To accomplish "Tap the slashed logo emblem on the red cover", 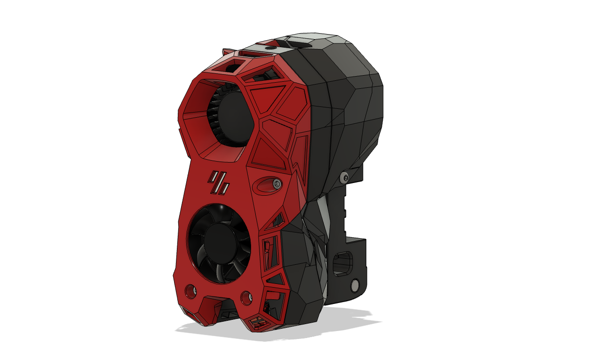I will tap(219, 182).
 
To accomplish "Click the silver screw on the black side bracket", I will tap(344, 176).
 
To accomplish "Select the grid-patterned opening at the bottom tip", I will tap(258, 322).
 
